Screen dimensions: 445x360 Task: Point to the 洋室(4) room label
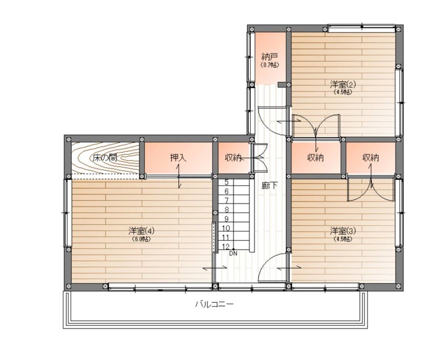141,231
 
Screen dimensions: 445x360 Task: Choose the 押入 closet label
178,157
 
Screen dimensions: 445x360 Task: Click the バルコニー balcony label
214,304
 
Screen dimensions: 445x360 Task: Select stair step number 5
226,182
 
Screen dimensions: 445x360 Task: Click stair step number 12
226,247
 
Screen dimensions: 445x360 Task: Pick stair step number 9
226,219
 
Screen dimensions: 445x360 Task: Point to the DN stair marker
233,253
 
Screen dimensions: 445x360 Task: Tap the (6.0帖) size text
141,239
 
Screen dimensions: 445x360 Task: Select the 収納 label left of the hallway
233,157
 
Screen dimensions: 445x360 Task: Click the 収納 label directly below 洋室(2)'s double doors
315,157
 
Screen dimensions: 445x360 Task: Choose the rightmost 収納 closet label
371,157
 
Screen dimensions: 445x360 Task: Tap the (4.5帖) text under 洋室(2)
343,92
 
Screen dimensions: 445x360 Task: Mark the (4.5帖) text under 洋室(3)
343,239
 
